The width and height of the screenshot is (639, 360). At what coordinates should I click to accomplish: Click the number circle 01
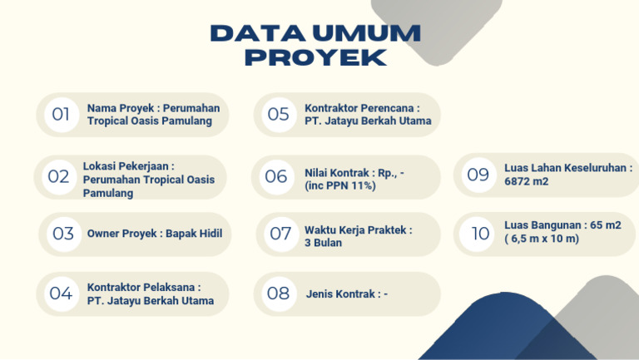coord(61,115)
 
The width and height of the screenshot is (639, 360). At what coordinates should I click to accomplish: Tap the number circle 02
coord(59,177)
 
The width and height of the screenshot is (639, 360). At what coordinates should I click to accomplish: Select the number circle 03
coord(63,234)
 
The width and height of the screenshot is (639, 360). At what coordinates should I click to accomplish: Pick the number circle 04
coord(61,293)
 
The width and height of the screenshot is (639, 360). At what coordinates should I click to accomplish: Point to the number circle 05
coord(279,115)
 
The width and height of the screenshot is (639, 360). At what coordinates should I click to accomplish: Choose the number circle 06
coord(276,177)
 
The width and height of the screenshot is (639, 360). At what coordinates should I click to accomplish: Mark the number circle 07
coord(280,234)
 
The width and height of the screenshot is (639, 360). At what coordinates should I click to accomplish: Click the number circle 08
coord(279,293)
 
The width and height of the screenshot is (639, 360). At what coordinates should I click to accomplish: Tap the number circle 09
coord(478,175)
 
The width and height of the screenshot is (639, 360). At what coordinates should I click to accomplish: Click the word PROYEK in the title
coord(316,57)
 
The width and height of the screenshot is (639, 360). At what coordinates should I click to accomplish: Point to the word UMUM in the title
coord(366,33)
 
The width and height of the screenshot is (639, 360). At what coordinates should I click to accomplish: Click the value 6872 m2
coord(527,181)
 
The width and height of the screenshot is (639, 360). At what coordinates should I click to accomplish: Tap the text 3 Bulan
coord(323,243)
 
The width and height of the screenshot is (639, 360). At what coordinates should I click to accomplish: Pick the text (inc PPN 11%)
coord(339,185)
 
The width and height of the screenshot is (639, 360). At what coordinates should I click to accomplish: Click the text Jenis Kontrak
coord(340,293)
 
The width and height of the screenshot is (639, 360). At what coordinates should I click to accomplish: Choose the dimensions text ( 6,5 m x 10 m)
coord(542,239)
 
